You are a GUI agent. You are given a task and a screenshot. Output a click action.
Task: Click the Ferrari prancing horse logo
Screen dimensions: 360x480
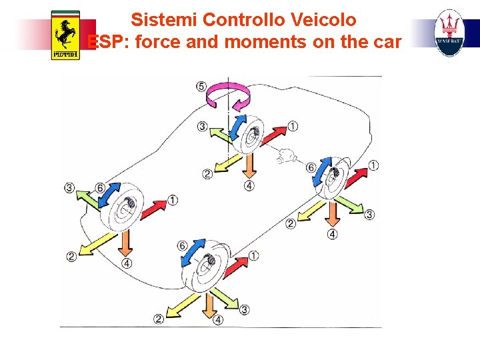(x=65, y=35)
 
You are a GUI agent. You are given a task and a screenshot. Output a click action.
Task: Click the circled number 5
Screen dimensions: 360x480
(x=201, y=85)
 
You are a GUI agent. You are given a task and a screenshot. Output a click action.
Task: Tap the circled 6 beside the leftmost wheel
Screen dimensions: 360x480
(x=100, y=188)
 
